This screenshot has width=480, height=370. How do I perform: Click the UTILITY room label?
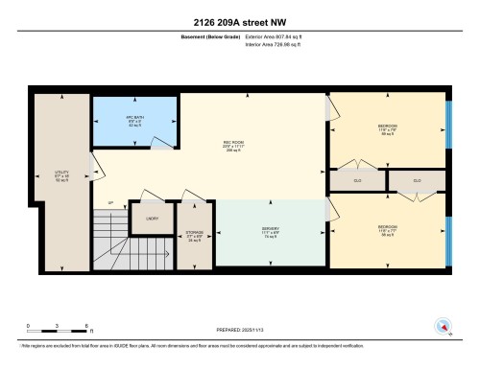coord(60,174)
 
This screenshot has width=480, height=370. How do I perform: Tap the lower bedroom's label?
coord(387,229)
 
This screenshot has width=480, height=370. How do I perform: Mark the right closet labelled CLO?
coord(417,179)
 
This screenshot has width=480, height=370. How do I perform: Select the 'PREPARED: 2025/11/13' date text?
coord(239,331)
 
